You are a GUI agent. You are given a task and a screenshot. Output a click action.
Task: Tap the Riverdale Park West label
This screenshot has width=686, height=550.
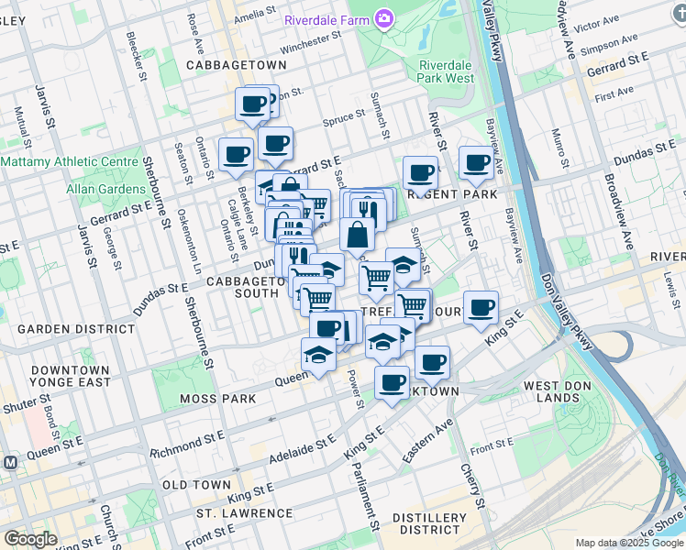447,71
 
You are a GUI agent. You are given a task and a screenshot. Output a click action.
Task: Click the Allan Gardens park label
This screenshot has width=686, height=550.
100,188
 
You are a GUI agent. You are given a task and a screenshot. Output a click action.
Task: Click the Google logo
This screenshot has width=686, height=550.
30,539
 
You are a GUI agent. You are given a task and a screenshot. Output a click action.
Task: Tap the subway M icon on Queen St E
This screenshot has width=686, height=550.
10,463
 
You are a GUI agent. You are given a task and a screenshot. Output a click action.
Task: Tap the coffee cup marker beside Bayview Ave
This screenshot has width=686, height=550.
476,163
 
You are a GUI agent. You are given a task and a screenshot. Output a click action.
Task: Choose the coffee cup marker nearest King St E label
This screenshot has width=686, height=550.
481,308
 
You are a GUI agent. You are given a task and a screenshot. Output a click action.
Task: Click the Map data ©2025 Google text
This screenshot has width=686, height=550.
629,543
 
